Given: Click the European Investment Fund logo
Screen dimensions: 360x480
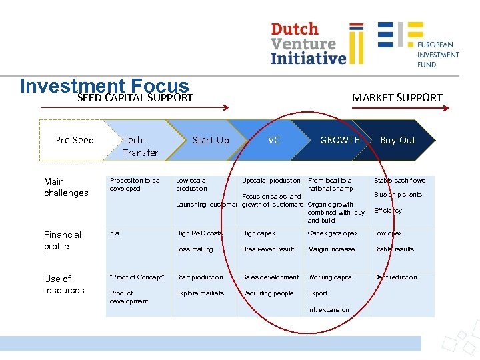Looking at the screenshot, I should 419,44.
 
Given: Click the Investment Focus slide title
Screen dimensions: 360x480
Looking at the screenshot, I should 105,86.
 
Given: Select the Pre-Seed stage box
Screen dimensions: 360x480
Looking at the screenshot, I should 75,140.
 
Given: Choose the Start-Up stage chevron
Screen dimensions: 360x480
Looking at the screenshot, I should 210,140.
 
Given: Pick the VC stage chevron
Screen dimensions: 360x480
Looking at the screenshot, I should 273,140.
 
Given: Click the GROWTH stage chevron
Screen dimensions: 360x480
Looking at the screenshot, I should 339,140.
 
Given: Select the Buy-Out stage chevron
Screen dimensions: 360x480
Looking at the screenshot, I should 397,140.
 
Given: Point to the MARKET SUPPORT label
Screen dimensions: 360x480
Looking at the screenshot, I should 397,97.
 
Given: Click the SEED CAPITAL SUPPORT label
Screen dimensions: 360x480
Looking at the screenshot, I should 135,98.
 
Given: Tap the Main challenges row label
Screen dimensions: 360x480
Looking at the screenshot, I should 66,187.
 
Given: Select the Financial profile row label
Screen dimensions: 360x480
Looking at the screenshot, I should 63,240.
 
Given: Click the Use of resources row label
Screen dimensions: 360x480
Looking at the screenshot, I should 64,284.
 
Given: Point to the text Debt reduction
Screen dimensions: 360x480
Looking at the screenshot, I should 395,277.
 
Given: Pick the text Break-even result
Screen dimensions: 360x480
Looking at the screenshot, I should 268,249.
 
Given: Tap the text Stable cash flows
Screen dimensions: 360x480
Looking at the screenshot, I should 399,181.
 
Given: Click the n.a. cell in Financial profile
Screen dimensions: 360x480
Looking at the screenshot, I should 115,233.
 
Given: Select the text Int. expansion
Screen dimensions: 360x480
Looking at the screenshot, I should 329,309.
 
